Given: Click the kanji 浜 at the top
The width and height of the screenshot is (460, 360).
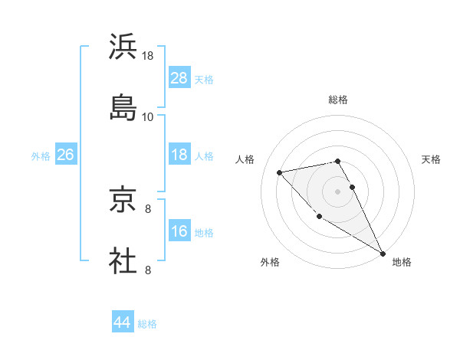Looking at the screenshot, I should click(123, 47).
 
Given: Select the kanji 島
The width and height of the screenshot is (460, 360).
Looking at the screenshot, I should click(123, 107).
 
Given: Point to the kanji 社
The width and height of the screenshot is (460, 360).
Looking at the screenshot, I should click(123, 260).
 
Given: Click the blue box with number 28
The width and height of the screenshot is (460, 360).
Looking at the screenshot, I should click(179, 78).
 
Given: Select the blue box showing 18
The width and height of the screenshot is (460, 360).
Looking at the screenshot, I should click(179, 155).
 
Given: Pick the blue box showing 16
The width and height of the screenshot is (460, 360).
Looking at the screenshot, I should click(179, 231).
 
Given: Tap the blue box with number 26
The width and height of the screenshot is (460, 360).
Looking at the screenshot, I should click(65, 155).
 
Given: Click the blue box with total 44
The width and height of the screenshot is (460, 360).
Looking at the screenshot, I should click(122, 322).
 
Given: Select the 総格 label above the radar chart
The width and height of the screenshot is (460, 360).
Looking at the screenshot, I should click(338, 100).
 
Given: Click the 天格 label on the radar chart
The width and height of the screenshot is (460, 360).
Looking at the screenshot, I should click(431, 159).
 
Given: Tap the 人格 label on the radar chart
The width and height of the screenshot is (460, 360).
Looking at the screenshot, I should click(246, 159).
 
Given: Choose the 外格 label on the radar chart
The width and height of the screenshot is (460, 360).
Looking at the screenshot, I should click(270, 263).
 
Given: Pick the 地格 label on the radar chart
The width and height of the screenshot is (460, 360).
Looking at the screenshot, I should click(402, 263).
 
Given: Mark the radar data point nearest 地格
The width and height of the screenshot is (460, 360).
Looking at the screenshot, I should click(383, 254).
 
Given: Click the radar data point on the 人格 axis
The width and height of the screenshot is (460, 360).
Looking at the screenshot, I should click(280, 172).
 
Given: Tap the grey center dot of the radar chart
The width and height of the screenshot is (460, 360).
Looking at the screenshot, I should click(338, 191).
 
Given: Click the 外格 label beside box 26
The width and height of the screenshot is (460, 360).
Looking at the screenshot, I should click(41, 156).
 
